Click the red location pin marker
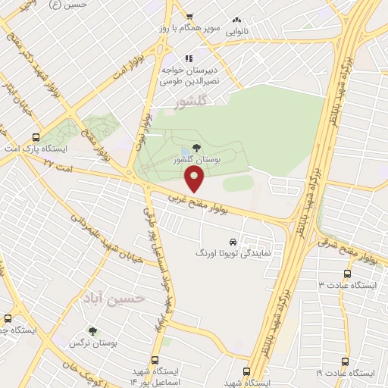tap(195, 180)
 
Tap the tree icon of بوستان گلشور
tap(197, 149)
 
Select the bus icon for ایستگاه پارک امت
tap(36, 138)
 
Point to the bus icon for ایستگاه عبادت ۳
tap(348, 274)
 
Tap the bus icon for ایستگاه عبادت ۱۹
tap(346, 361)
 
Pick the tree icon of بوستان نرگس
tap(92, 331)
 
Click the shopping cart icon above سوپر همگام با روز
tap(189, 17)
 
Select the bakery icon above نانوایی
tap(236, 20)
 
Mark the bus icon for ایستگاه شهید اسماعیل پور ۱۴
tap(155, 361)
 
